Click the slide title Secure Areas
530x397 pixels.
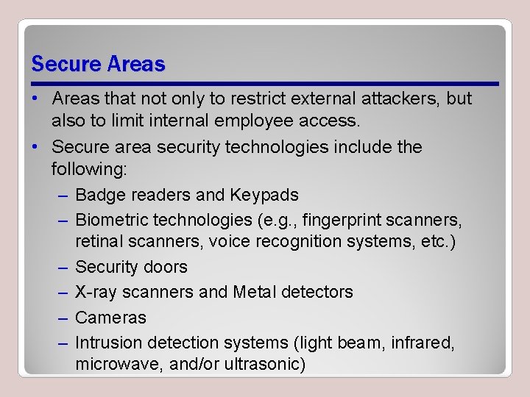pyautogui.click(x=98, y=64)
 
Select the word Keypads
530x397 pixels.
pyautogui.click(x=264, y=195)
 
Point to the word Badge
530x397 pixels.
pyautogui.click(x=100, y=195)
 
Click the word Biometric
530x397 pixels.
pyautogui.click(x=111, y=220)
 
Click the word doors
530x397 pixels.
pyautogui.click(x=167, y=267)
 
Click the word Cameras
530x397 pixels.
pyautogui.click(x=110, y=318)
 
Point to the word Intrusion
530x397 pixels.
pyautogui.click(x=109, y=343)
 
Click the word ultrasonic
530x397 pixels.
pyautogui.click(x=266, y=364)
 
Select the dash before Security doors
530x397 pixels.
pyautogui.click(x=62, y=268)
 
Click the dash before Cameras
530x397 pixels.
pyautogui.click(x=62, y=318)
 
